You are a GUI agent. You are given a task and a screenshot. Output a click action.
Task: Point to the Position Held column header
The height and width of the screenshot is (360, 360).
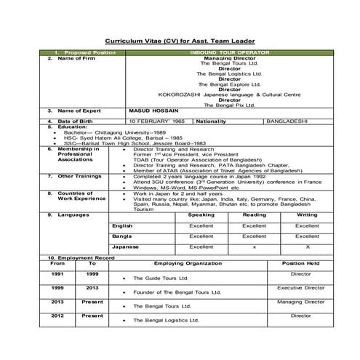tap(300, 263)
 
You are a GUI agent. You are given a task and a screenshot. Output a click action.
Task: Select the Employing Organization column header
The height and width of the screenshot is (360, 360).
tap(188, 263)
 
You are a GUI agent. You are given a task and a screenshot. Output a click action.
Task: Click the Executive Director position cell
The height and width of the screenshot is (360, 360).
tap(300, 288)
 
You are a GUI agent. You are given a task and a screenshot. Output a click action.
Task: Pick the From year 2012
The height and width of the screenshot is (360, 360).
tap(57, 316)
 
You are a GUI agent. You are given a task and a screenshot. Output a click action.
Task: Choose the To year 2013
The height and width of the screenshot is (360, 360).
tap(92, 288)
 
